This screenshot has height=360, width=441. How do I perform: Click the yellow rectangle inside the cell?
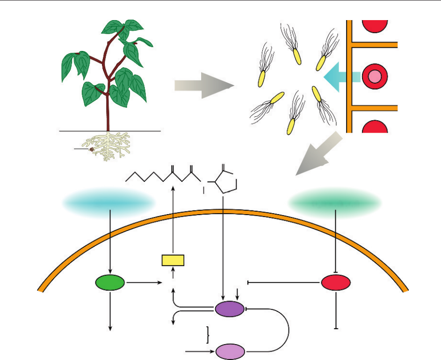173,260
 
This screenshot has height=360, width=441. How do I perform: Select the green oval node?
110,282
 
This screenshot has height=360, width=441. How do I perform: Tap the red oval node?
336,282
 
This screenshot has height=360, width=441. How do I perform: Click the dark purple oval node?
229,309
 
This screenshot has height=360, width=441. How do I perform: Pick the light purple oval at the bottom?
230,351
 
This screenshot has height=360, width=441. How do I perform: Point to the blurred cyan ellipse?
109,202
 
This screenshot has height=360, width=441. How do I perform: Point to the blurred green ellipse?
335,202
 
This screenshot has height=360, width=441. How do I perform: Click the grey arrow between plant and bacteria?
204,85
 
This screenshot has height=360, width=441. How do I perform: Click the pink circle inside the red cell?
375,76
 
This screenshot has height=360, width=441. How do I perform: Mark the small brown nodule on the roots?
93,150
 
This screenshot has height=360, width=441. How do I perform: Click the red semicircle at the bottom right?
375,127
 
